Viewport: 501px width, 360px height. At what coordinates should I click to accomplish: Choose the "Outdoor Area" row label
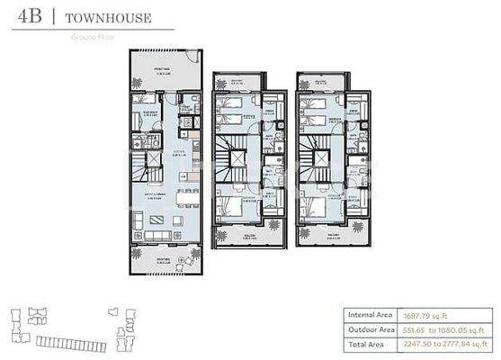click(x=372, y=329)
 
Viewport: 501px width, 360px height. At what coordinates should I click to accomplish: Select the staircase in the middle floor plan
click(x=238, y=163)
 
